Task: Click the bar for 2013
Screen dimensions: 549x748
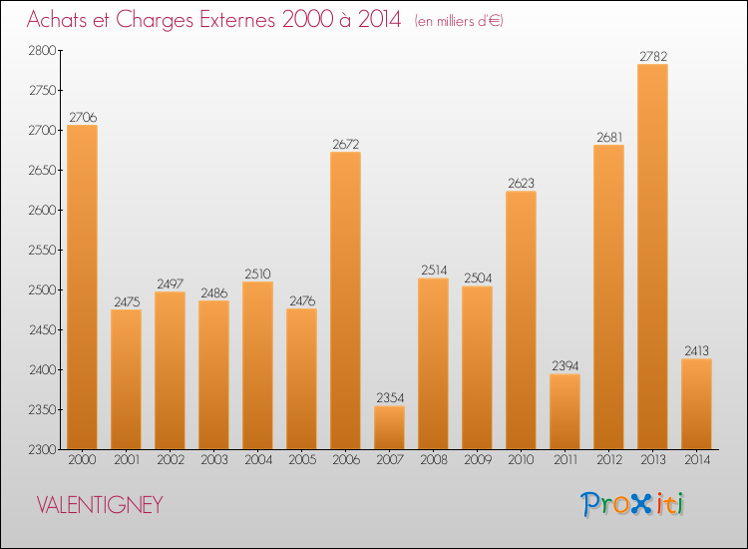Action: tap(652, 257)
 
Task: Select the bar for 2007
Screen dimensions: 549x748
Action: tap(389, 427)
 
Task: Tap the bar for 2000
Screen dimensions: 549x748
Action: tap(82, 286)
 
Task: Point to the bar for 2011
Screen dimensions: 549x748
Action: tap(564, 411)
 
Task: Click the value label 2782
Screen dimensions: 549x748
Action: tap(652, 56)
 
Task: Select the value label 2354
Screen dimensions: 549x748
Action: tap(389, 398)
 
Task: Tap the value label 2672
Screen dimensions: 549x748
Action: tap(345, 144)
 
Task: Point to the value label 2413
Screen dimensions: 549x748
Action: tap(696, 351)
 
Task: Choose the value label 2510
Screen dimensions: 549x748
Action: tap(257, 274)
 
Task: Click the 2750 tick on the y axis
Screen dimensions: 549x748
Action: tap(43, 90)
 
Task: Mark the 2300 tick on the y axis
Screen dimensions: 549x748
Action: tap(43, 449)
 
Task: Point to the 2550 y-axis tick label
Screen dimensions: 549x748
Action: tap(43, 250)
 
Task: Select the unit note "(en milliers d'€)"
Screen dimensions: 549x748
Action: tap(459, 21)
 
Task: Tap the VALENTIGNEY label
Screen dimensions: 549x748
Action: tap(99, 505)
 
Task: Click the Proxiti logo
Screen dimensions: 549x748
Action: tap(633, 504)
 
